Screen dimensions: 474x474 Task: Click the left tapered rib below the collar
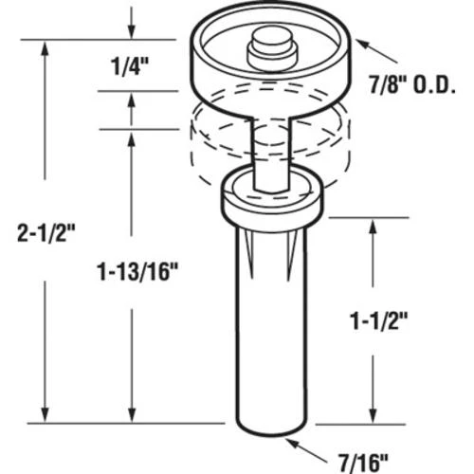(x=243, y=248)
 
